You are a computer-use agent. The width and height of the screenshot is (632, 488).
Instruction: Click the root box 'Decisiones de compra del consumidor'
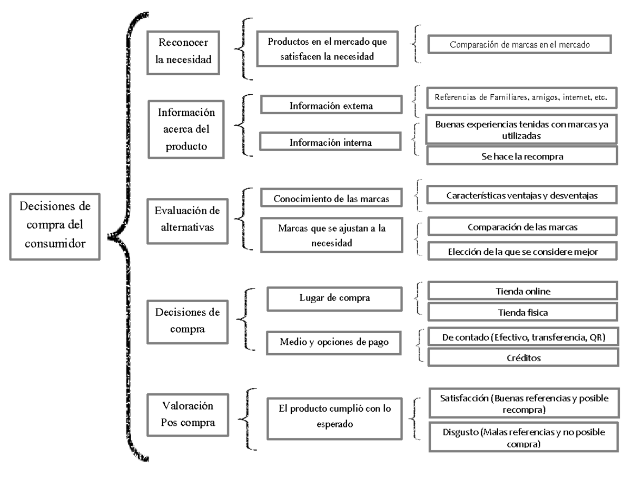(55, 226)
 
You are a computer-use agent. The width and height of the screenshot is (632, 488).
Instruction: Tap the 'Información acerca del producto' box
(186, 130)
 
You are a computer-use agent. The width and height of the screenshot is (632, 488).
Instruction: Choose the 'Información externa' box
(331, 106)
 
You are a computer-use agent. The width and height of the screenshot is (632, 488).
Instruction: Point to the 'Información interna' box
(331, 142)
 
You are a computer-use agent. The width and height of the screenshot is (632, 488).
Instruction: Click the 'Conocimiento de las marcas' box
(331, 198)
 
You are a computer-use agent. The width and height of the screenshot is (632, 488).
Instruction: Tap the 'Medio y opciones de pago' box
(334, 342)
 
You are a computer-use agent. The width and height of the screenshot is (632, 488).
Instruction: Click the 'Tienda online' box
(522, 291)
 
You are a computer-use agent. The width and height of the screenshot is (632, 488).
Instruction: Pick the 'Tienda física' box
(522, 312)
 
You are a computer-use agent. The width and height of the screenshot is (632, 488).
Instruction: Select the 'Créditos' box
(522, 357)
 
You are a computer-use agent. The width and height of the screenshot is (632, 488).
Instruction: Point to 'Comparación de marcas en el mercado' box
(519, 45)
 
